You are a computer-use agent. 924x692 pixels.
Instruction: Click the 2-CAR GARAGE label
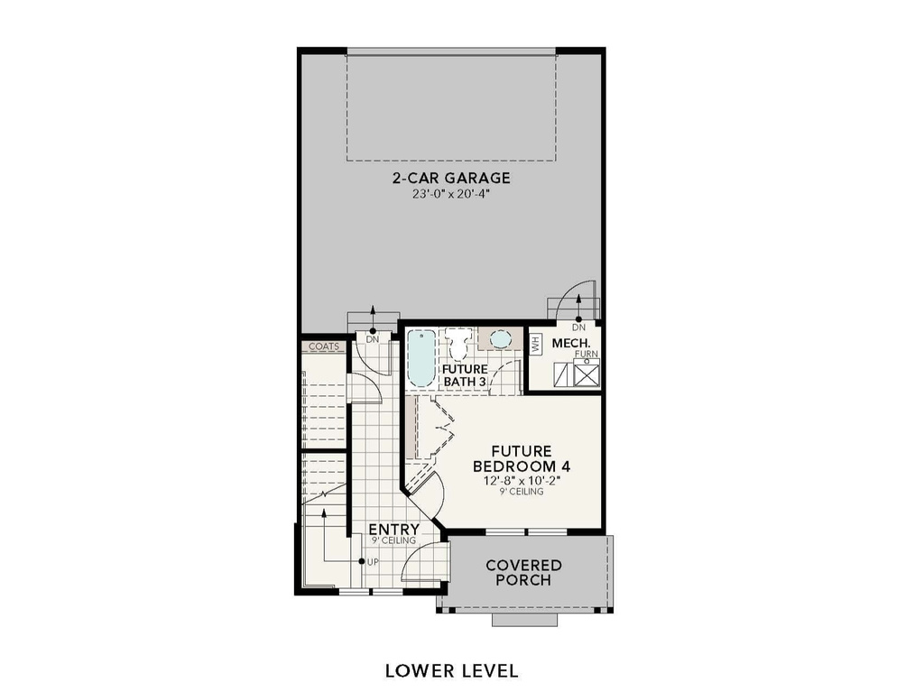coord(451,178)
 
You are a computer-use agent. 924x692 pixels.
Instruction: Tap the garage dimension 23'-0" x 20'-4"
coord(451,193)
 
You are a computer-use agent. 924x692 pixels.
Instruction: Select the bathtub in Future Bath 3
coord(420,358)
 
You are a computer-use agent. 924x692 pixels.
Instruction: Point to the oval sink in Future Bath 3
coord(500,339)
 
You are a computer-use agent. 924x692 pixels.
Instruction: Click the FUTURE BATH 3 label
coord(465,375)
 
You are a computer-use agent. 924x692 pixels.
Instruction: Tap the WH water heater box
coord(534,344)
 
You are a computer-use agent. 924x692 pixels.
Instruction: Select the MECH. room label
coord(571,344)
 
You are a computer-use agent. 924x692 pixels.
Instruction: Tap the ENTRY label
coord(393,529)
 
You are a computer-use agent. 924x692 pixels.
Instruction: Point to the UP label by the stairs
coord(373,561)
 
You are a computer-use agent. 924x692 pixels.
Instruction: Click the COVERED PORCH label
coord(523,572)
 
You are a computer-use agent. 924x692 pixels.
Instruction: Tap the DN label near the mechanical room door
coord(577,327)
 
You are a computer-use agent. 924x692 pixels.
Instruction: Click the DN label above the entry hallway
coord(373,339)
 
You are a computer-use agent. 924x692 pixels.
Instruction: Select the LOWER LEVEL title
coord(451,670)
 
